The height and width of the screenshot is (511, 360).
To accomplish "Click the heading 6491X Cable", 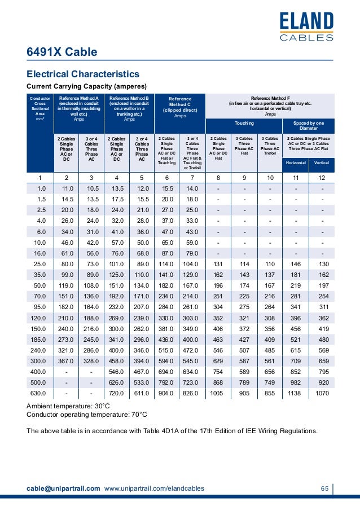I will pyautogui.click(x=62, y=52).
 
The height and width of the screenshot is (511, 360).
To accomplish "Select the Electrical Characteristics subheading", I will pyautogui.click(x=83, y=74).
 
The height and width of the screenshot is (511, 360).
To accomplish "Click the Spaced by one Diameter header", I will pyautogui.click(x=308, y=125).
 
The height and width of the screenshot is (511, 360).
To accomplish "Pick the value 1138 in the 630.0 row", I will pyautogui.click(x=295, y=394).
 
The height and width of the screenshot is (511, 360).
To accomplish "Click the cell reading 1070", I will pyautogui.click(x=321, y=394).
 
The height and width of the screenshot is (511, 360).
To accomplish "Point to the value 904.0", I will pyautogui.click(x=167, y=394).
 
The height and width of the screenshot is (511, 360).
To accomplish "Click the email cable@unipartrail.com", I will pyautogui.click(x=64, y=488).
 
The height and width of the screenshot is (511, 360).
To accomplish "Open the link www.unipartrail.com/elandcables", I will pyautogui.click(x=154, y=488).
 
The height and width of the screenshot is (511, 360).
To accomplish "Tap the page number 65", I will pyautogui.click(x=324, y=488).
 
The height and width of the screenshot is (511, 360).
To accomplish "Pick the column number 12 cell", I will pyautogui.click(x=321, y=178).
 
